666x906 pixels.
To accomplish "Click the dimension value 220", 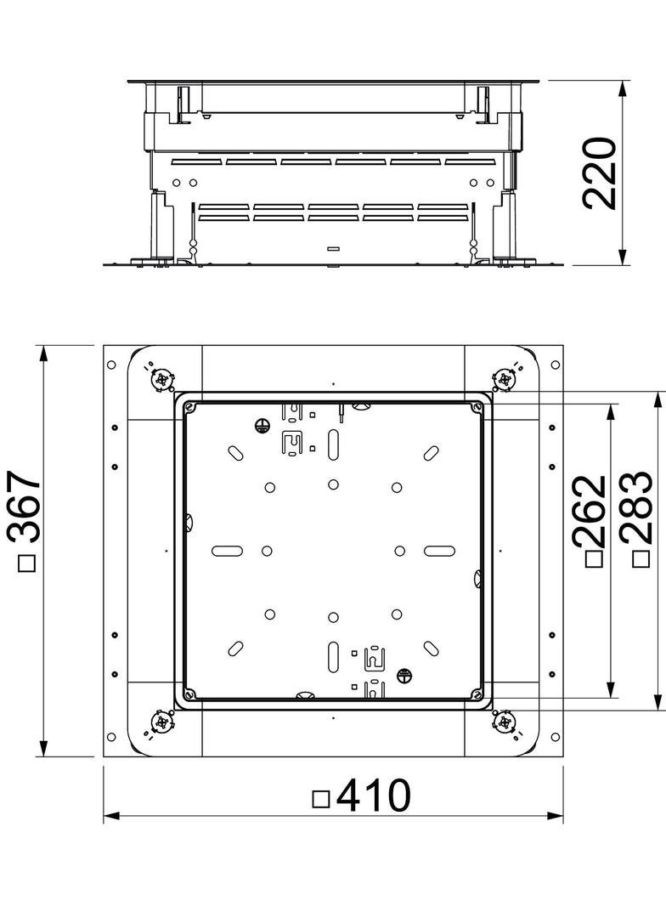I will click(599, 173).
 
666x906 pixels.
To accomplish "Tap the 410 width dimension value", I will click(373, 796).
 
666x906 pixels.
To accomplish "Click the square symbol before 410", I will click(321, 799).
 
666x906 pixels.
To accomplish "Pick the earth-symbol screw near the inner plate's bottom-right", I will click(404, 677).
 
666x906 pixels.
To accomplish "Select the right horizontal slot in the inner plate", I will click(439, 550).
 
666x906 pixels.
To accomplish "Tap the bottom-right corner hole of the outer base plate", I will click(555, 737).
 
